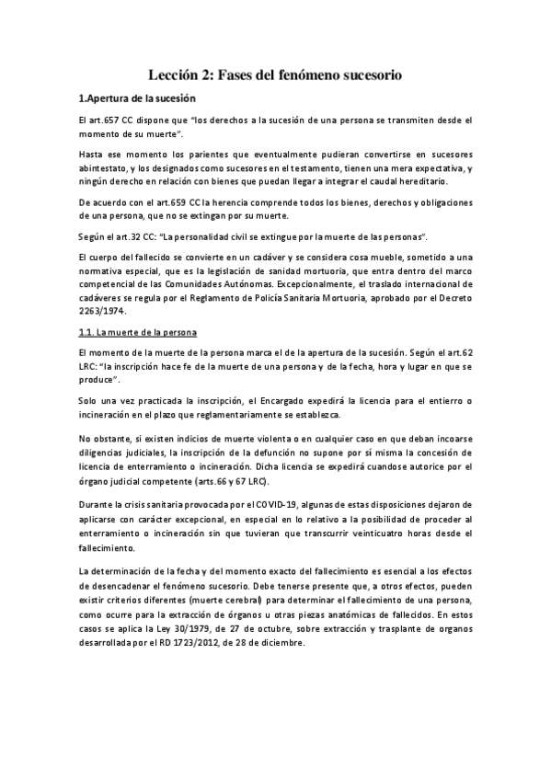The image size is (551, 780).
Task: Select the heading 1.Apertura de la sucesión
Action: [x=136, y=98]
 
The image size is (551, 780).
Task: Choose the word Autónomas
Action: [x=252, y=285]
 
